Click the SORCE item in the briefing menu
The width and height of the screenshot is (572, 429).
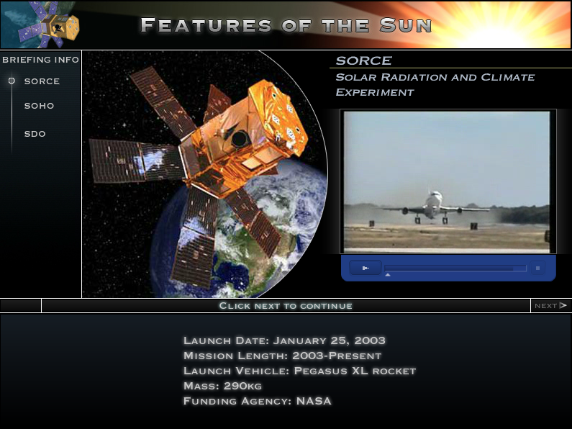pyautogui.click(x=42, y=81)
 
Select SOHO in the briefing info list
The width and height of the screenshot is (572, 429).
pyautogui.click(x=39, y=106)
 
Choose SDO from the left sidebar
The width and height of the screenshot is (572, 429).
pyautogui.click(x=35, y=134)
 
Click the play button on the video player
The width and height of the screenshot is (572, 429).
pyautogui.click(x=366, y=268)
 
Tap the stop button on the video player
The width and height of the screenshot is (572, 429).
pyautogui.click(x=537, y=268)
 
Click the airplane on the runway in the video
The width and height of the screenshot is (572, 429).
pyautogui.click(x=435, y=207)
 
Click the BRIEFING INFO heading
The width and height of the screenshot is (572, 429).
pyautogui.click(x=40, y=60)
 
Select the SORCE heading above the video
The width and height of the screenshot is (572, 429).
pyautogui.click(x=363, y=61)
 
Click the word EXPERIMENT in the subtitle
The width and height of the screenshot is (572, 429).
pyautogui.click(x=375, y=92)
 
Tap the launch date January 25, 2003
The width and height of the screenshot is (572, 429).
pyautogui.click(x=330, y=340)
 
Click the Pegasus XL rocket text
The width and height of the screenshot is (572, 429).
pyautogui.click(x=355, y=371)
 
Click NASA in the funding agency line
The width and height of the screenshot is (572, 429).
pyautogui.click(x=314, y=401)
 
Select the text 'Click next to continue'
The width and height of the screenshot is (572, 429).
pyautogui.click(x=286, y=306)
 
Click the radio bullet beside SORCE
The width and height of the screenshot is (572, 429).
pyautogui.click(x=12, y=81)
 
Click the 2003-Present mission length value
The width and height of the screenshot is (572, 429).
pyautogui.click(x=337, y=356)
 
